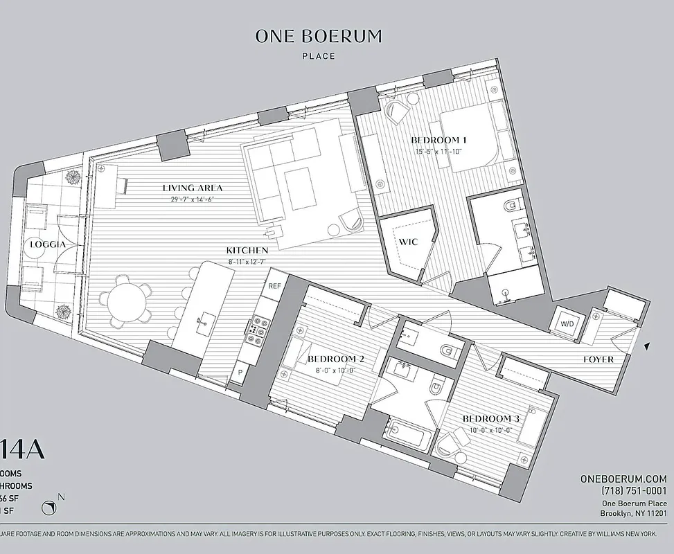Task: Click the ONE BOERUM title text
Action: coord(318,36)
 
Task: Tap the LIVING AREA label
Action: coord(193,188)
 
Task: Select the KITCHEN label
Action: coord(247,249)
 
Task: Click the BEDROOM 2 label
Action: coord(336,359)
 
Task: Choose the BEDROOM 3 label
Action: coord(490,419)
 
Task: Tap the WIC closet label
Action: coord(405,242)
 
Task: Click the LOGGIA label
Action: coord(48,244)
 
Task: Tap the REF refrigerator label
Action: coord(274,285)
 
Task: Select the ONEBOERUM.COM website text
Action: coord(623,479)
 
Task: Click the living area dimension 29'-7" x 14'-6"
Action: coord(193,200)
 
